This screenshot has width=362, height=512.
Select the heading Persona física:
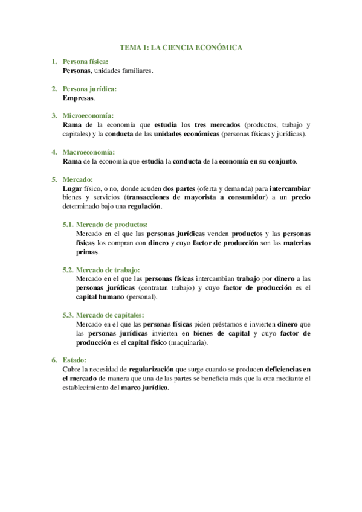(86, 62)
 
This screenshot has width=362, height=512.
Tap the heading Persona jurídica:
(89, 89)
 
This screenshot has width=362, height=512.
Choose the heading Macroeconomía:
(89, 152)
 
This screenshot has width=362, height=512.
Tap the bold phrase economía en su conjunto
(257, 161)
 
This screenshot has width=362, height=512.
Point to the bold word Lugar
(73, 188)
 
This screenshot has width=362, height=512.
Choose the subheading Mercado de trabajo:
(103, 269)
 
